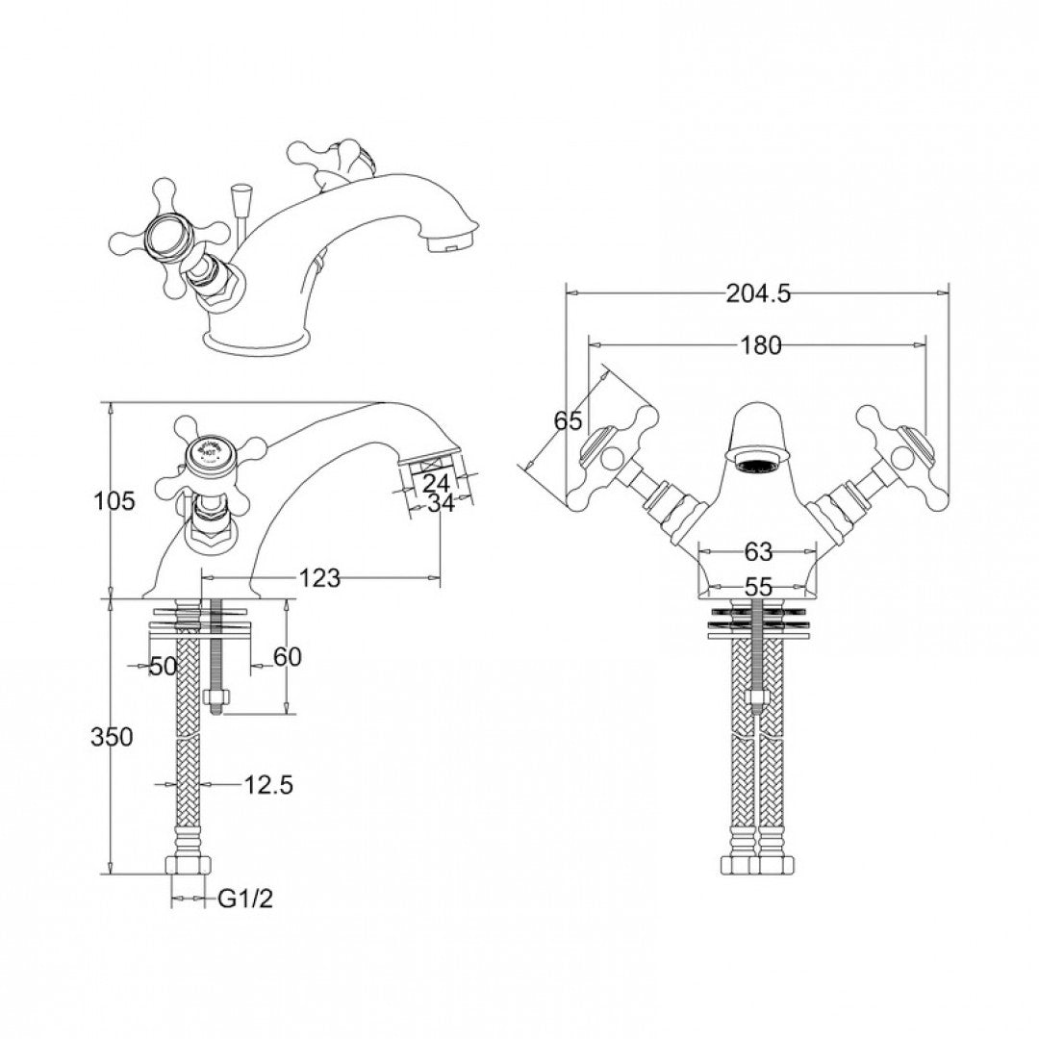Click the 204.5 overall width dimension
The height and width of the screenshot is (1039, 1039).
(x=758, y=295)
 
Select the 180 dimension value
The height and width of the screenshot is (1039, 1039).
(x=762, y=346)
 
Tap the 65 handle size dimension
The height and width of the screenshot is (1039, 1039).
(x=569, y=420)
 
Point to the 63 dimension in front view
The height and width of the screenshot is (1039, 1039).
(x=758, y=552)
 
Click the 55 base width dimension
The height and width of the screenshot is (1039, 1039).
(x=758, y=587)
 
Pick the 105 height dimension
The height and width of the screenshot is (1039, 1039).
(x=114, y=500)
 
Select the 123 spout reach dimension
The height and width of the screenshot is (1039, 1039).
(x=319, y=577)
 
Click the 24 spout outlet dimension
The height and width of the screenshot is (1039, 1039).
(x=436, y=483)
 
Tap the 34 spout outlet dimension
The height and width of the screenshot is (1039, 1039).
(x=440, y=502)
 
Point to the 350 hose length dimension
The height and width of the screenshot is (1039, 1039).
(x=111, y=738)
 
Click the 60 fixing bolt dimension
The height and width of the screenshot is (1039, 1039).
(x=288, y=656)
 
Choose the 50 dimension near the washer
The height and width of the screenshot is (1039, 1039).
(x=163, y=666)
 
